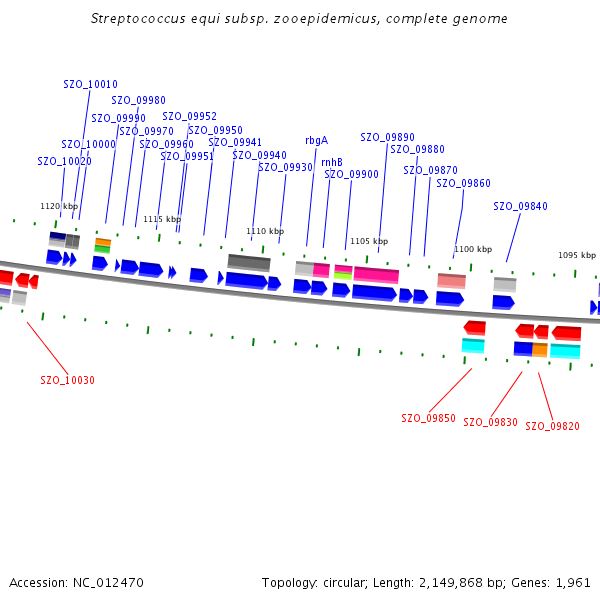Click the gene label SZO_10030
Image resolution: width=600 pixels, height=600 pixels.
tap(68, 380)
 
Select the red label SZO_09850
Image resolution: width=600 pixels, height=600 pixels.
tap(428, 418)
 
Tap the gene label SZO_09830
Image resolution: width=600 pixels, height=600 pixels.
tap(490, 422)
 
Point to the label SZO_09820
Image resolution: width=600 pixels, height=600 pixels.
tap(552, 426)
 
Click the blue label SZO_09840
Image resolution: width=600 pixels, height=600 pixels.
tap(520, 206)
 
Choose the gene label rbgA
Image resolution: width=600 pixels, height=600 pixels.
tap(316, 140)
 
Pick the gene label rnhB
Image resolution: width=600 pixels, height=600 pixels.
tap(331, 162)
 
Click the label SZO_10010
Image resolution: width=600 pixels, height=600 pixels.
tap(90, 85)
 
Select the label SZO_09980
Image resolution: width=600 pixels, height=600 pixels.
tap(138, 100)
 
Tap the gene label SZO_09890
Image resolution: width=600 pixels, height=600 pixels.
tap(387, 137)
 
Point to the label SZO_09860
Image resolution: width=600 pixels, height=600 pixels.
tap(463, 183)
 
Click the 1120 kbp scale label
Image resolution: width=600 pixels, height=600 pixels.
tap(58, 206)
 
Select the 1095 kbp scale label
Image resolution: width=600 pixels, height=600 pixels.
tap(576, 255)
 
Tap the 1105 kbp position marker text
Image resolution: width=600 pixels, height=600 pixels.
tap(368, 241)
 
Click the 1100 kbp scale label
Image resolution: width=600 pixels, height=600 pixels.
tap(473, 249)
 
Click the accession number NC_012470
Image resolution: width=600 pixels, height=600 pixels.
tap(108, 582)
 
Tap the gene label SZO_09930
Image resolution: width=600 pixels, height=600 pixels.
tap(285, 167)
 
